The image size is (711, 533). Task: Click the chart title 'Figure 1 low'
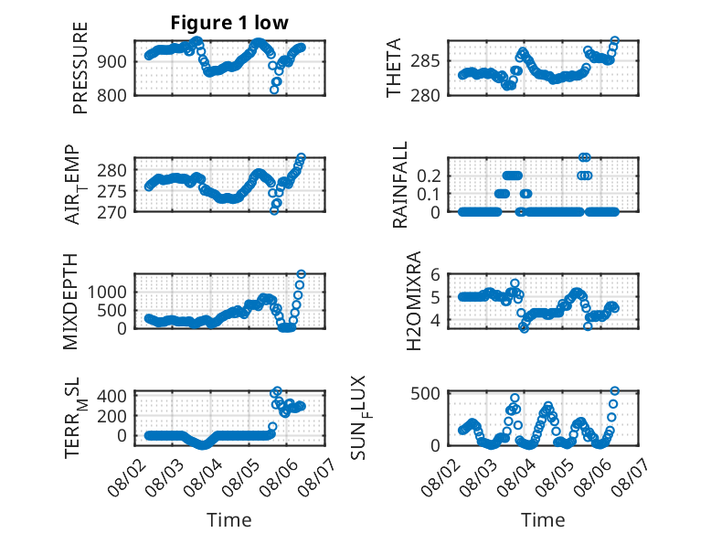coord(229,23)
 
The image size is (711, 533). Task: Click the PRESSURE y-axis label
coord(80,68)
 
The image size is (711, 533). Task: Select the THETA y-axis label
coord(394,68)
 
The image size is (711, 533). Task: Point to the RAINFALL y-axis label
coord(400,185)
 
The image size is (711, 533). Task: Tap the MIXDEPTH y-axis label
coord(70,302)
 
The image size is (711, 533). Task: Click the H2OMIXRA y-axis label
coord(414,301)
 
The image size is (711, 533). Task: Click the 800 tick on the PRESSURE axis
coord(112,96)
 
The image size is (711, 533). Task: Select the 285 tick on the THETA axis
coord(425,60)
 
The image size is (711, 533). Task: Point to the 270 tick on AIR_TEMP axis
coord(112,212)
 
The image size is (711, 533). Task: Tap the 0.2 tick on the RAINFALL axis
coord(429,176)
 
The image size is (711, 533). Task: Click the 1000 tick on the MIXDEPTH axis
coord(108,293)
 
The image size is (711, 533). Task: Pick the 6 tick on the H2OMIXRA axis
coord(435,274)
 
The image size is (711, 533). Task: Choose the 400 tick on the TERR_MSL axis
coord(112,396)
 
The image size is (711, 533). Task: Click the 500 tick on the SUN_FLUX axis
coord(425,393)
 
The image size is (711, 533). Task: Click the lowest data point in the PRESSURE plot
coord(274,90)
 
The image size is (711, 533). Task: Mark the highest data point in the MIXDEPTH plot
coord(301,274)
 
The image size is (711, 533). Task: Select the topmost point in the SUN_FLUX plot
coord(615,391)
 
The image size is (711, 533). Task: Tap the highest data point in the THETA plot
coord(615,41)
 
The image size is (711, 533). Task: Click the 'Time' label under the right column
coord(543,520)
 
